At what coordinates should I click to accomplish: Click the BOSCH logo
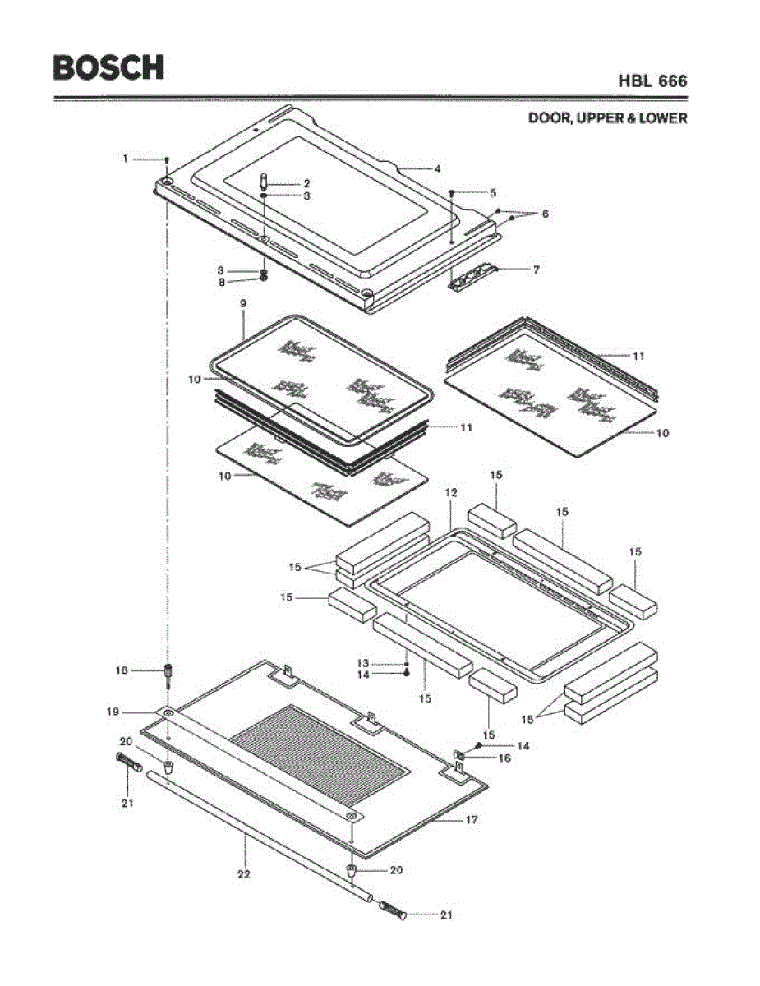108,67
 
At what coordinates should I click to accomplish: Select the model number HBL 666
653,81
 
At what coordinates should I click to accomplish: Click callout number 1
126,158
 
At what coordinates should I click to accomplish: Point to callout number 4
438,168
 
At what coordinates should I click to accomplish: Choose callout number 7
536,269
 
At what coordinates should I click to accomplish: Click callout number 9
243,303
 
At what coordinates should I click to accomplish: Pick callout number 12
450,492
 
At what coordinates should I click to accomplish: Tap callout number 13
362,663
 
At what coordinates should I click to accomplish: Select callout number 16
504,758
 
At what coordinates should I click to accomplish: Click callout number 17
472,819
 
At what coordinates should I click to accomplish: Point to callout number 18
120,670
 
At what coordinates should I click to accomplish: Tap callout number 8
221,282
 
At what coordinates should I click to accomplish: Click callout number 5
492,193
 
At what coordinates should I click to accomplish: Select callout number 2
306,183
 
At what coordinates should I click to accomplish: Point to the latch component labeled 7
472,275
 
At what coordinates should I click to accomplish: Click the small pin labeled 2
265,180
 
